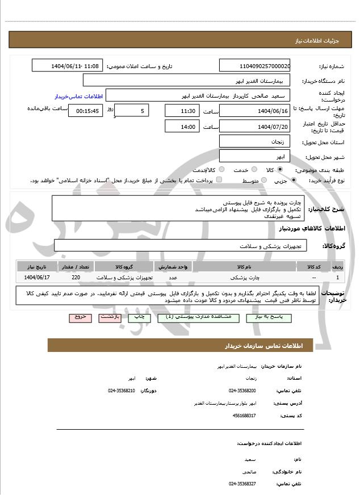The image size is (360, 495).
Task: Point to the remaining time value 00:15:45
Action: click(x=85, y=110)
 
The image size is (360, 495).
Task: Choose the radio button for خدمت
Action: click(x=253, y=170)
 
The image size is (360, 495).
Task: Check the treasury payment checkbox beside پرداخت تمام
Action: click(x=219, y=180)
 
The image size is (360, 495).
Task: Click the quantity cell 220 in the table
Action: click(x=76, y=278)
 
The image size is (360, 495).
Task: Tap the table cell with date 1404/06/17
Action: click(x=37, y=278)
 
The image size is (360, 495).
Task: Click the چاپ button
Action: click(x=139, y=317)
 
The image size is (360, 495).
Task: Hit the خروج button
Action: click(x=79, y=317)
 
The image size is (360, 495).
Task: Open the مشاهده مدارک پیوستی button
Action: click(x=193, y=317)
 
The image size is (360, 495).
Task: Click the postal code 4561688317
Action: click(x=244, y=416)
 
